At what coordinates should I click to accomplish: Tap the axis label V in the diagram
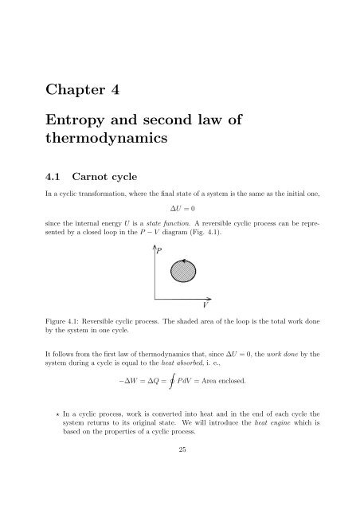[x=205, y=305]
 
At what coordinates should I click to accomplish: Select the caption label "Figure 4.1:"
[x=76, y=323]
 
